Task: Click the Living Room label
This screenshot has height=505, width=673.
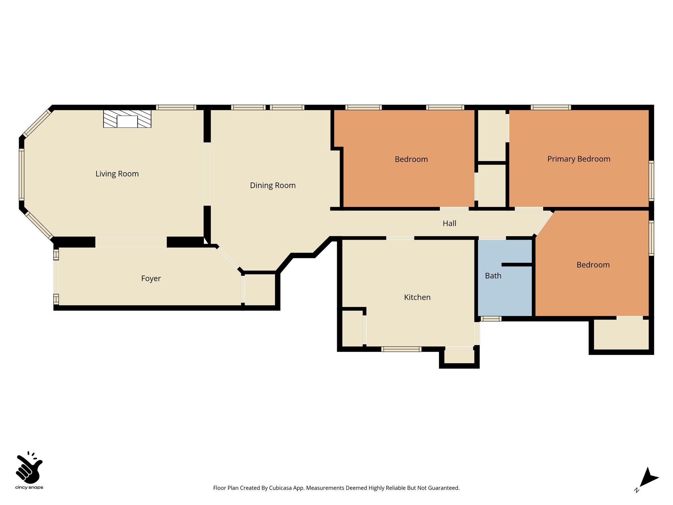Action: click(117, 174)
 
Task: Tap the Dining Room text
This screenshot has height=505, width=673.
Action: click(273, 185)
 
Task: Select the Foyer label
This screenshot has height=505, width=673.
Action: click(151, 279)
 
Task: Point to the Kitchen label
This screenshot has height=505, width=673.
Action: click(417, 297)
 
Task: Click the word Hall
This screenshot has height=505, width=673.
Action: click(450, 224)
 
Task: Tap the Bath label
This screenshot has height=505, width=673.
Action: click(493, 276)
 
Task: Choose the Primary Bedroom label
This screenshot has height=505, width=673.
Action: click(579, 159)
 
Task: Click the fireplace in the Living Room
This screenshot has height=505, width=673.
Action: click(127, 119)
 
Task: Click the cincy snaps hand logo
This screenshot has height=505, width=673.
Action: click(29, 468)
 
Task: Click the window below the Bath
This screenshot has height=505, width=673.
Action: click(491, 319)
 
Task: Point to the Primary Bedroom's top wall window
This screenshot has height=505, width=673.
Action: click(551, 107)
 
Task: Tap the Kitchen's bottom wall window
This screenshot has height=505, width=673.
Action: click(401, 349)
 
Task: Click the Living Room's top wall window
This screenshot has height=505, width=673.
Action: click(176, 107)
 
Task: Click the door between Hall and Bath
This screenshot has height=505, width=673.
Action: click(492, 238)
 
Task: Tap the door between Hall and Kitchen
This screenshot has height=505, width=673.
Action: click(400, 238)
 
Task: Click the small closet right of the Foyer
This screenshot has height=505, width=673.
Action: click(260, 290)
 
